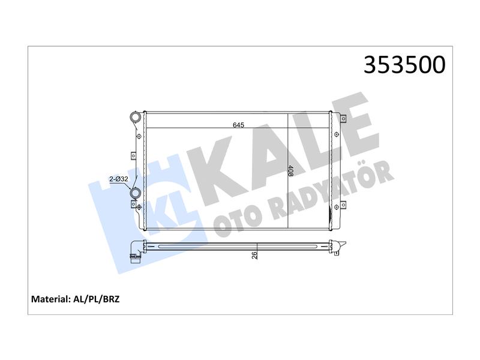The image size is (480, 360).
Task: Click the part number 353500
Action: point(404,65)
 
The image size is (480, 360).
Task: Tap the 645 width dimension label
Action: point(238,125)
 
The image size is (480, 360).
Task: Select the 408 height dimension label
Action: point(290,171)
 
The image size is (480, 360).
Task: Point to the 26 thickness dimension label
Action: point(254,256)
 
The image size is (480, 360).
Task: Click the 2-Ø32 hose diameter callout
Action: point(119,179)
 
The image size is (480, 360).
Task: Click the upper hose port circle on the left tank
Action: point(135,117)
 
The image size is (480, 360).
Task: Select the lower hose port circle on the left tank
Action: point(135,193)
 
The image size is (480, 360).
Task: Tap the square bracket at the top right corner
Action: point(343,118)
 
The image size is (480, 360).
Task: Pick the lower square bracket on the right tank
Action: point(343,205)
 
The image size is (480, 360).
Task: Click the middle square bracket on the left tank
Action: point(133,156)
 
